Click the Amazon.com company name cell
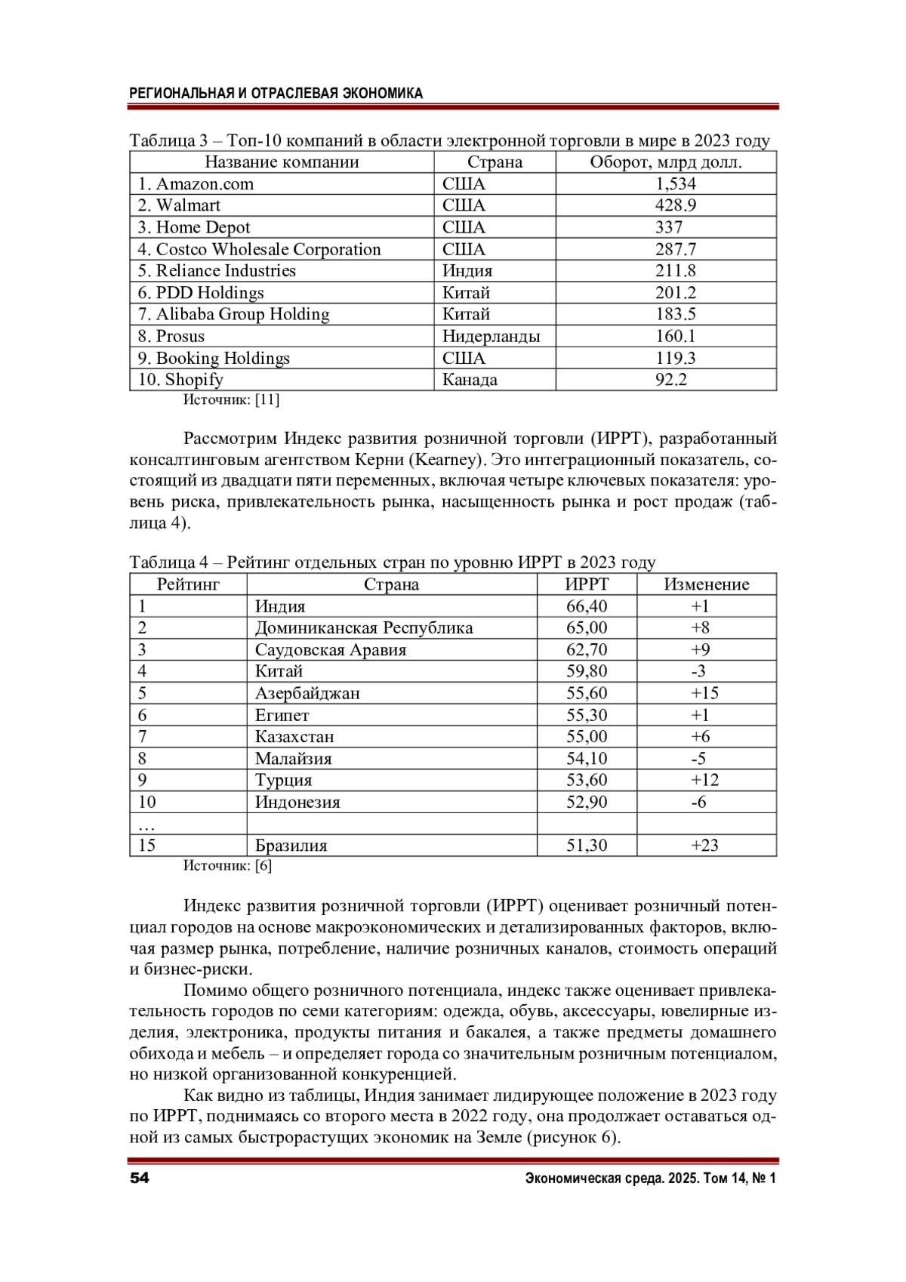coord(196,184)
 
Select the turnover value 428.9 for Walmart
coord(675,205)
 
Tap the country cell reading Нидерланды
coord(491,336)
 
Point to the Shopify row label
coord(180,380)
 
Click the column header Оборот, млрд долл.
coord(665,162)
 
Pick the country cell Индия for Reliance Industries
coord(467,271)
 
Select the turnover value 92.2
coord(670,380)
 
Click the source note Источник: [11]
coord(231,400)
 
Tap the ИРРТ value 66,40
coord(587,606)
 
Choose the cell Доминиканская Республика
coord(364,628)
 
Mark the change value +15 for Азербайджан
coord(704,693)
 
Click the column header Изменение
coord(706,584)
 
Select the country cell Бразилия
coord(291,846)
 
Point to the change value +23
coord(704,846)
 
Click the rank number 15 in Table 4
coord(146,846)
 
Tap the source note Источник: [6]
coord(227,866)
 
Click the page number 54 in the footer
coord(140,1179)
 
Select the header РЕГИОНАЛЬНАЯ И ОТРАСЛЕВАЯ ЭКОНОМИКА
coord(276,94)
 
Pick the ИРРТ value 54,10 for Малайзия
coord(587,759)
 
